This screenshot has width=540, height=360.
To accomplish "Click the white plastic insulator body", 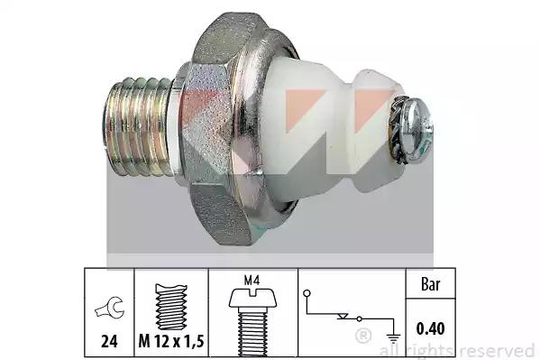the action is click(324, 131).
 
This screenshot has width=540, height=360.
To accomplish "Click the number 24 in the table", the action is click(109, 341).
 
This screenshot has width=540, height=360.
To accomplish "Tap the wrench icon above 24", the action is click(110, 309).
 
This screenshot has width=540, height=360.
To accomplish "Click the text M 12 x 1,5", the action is click(171, 341).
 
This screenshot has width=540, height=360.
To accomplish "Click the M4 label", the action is click(252, 281).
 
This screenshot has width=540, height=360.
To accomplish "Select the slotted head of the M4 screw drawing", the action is click(252, 298).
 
